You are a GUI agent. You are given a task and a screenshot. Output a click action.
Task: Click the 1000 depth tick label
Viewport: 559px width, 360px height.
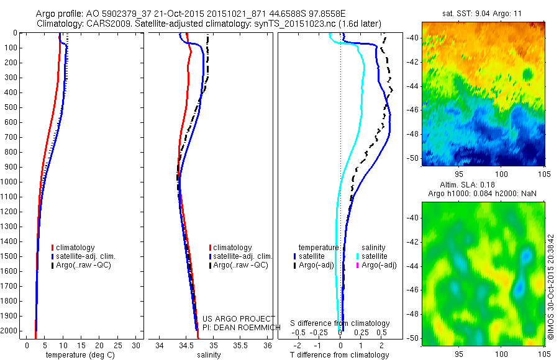pos(11,182)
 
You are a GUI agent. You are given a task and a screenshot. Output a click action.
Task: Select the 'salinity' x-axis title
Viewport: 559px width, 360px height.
pos(207,355)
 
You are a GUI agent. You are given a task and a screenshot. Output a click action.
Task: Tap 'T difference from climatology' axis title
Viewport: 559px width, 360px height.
pos(341,355)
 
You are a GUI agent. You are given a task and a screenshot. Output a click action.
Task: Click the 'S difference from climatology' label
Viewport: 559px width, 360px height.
pos(340,323)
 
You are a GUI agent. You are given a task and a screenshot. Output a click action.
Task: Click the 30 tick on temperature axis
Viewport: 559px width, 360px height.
pos(137,345)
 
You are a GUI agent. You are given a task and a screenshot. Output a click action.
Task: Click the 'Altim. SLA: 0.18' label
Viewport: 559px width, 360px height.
pos(483,186)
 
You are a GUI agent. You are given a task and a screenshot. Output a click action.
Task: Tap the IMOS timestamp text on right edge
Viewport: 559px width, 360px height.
pos(550,286)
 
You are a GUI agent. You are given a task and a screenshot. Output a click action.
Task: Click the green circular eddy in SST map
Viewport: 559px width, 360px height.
pos(528,74)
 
